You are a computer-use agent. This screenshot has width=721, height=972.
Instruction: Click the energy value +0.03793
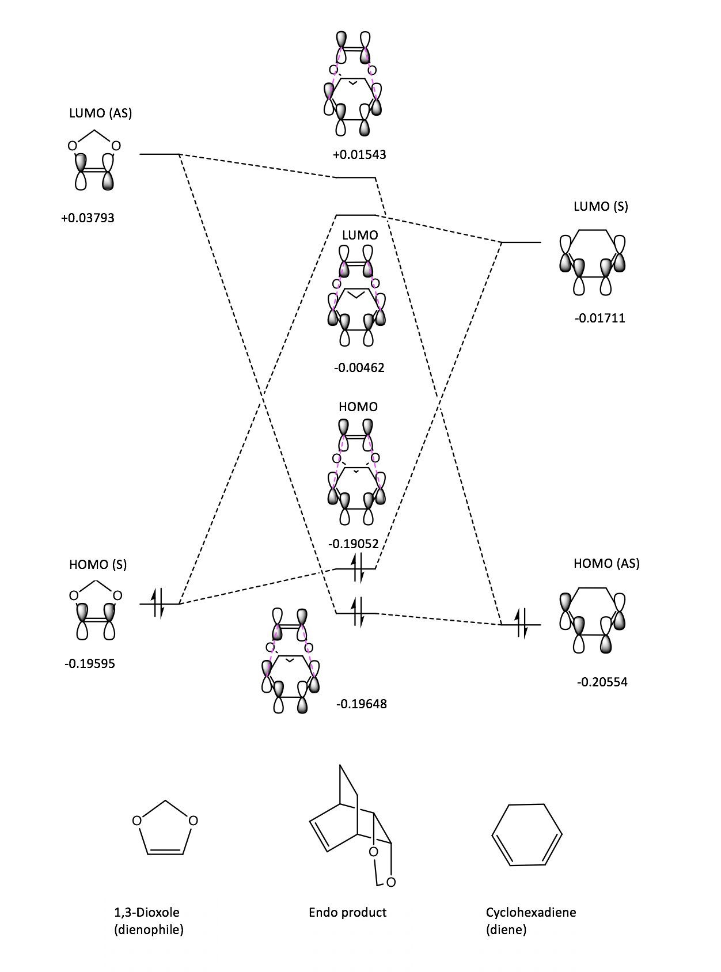click(x=88, y=218)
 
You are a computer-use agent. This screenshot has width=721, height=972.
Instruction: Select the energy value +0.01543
click(x=359, y=154)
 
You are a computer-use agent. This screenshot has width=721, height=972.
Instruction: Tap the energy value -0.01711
click(x=599, y=318)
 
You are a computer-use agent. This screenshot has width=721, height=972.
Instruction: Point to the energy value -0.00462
click(x=359, y=367)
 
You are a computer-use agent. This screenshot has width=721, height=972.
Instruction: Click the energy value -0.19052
click(x=353, y=543)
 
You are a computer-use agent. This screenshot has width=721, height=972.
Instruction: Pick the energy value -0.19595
click(x=90, y=663)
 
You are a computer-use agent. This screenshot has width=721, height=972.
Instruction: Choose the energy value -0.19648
click(x=362, y=703)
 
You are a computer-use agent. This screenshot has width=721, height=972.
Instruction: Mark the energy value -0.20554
click(x=602, y=682)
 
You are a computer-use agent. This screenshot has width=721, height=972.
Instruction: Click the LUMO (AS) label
click(x=100, y=113)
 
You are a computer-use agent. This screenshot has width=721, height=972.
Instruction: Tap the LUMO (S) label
click(x=601, y=206)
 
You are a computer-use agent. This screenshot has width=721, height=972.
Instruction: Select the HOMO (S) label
click(x=98, y=565)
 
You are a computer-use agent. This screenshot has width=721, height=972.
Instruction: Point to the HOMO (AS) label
click(x=606, y=564)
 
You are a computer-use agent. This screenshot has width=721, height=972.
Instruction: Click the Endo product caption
click(x=347, y=912)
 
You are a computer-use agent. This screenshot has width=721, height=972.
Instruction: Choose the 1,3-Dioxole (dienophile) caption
click(x=149, y=921)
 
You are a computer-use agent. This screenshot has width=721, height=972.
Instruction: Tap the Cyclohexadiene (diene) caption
click(x=530, y=921)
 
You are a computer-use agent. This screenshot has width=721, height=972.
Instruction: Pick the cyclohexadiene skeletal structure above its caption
click(x=526, y=834)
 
